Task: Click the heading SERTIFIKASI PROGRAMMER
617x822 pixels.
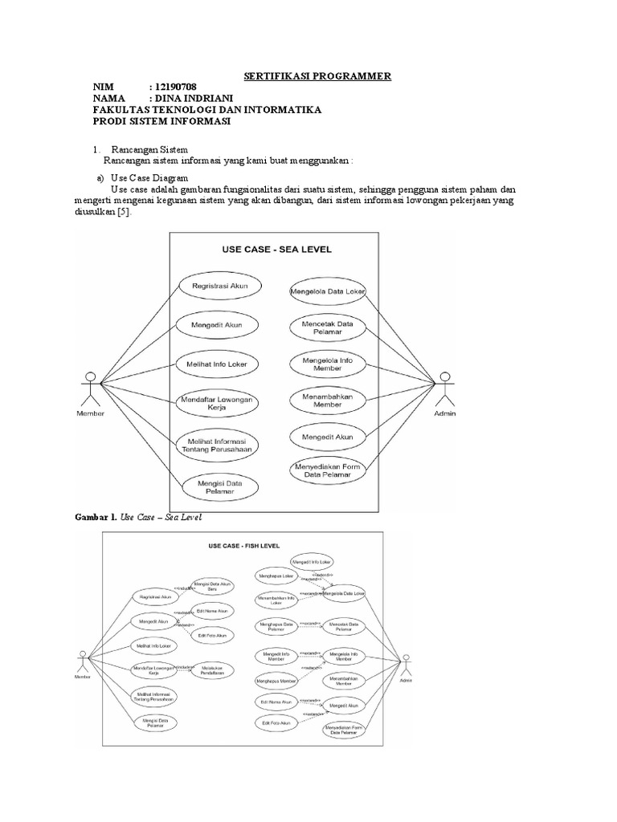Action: (317, 75)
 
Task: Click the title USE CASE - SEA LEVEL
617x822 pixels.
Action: (276, 249)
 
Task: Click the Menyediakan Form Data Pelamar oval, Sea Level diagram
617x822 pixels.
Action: (327, 472)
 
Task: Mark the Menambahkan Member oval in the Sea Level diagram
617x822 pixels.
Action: (327, 401)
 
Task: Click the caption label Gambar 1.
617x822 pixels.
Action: (96, 518)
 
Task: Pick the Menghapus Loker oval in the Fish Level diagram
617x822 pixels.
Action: (275, 576)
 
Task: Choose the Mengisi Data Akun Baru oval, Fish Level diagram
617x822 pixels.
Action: (212, 586)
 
